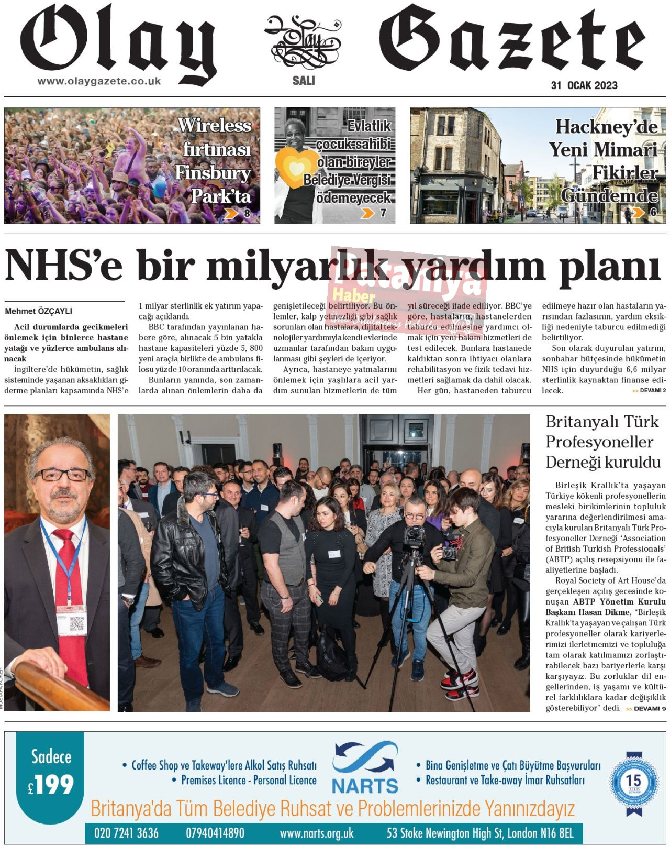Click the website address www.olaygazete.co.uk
[x=99, y=82]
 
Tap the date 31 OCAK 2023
[x=584, y=85]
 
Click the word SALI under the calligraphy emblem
[x=304, y=81]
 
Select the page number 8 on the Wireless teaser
[x=247, y=213]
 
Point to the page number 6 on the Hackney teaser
[x=653, y=212]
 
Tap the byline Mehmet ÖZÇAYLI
[x=39, y=311]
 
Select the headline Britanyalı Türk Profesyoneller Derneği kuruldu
[x=603, y=442]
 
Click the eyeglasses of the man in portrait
[x=63, y=475]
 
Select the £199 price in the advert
[x=51, y=785]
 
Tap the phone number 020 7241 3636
[x=126, y=833]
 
